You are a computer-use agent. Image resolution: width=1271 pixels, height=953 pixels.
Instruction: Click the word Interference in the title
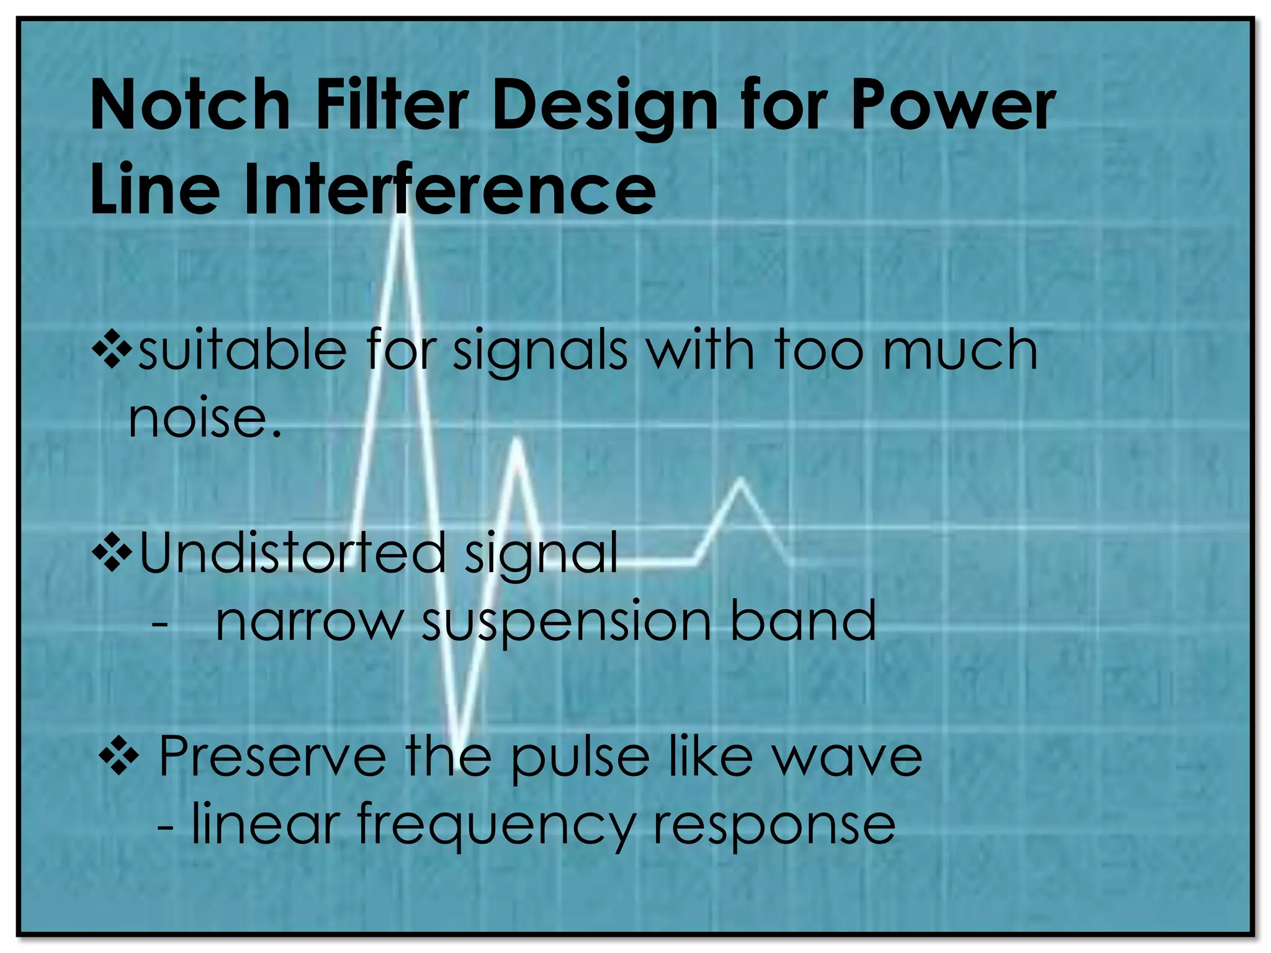point(449,189)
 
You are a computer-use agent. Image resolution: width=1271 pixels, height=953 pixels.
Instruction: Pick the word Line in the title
point(155,189)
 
